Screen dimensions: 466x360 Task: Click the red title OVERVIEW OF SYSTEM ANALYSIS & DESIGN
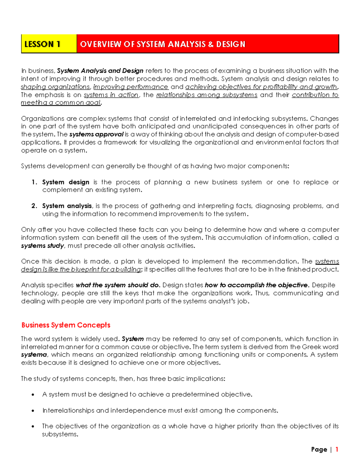tap(163, 44)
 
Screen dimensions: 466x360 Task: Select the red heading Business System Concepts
tap(66, 325)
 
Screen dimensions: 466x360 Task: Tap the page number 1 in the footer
tap(337, 449)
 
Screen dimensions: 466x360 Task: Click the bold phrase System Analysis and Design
tap(100, 71)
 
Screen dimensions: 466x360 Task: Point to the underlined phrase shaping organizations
tap(55, 87)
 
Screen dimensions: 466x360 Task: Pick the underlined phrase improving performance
tap(131, 87)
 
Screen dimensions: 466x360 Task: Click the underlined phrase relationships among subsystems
tap(207, 95)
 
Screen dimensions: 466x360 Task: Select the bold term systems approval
tap(96, 134)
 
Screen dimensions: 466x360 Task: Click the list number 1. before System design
tap(34, 182)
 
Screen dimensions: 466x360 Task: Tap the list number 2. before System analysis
tap(34, 206)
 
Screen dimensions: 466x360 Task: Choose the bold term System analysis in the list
tap(67, 206)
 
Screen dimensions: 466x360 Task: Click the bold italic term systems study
tap(42, 245)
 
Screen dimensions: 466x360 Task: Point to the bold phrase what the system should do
tap(118, 285)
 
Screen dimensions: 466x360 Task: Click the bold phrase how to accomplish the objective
tap(256, 285)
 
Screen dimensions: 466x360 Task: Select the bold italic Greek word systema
tap(34, 355)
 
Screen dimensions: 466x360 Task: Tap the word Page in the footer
tap(319, 449)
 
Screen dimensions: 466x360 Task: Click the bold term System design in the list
tap(66, 182)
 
